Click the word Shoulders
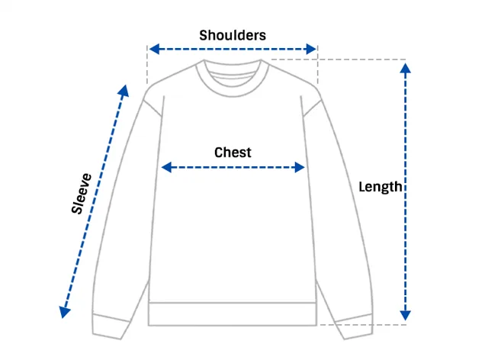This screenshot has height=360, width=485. (x=233, y=35)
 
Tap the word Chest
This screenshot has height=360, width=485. (x=233, y=153)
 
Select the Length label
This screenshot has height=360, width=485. (x=380, y=187)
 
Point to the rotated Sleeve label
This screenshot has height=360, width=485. (x=82, y=194)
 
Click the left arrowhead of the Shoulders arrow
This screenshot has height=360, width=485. (x=154, y=49)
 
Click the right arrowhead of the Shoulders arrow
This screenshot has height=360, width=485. (x=311, y=49)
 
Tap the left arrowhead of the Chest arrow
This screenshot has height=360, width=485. (x=166, y=167)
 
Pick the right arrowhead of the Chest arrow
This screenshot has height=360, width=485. (x=300, y=167)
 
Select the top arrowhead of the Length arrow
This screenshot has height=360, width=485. (x=405, y=68)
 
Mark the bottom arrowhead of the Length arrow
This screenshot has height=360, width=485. (x=405, y=316)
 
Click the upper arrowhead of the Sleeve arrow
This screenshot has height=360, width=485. (x=124, y=91)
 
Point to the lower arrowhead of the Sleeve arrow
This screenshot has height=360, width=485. (x=64, y=312)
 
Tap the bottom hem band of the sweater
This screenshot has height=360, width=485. (x=233, y=314)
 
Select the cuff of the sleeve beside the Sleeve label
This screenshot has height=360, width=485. (x=110, y=326)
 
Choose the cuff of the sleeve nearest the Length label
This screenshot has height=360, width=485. (x=354, y=326)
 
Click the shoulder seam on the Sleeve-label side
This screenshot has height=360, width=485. (x=153, y=108)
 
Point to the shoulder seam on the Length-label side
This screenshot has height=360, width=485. (x=313, y=108)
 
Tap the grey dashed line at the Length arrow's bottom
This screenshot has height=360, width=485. (x=363, y=325)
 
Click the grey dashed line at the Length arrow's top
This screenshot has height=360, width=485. (x=339, y=59)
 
